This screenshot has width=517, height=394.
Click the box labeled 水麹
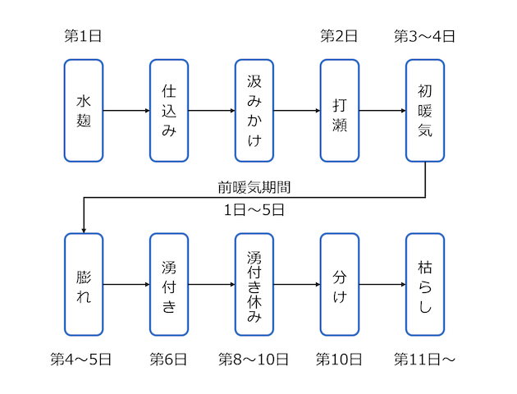[83, 110]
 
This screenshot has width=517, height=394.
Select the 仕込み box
[168, 110]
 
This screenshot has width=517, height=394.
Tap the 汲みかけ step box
[254, 110]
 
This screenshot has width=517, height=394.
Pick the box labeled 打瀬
[339, 110]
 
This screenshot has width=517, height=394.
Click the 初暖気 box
[424, 110]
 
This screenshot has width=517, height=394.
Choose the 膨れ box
[83, 284]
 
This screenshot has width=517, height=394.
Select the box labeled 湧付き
[168, 284]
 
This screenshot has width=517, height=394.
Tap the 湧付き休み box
[254, 284]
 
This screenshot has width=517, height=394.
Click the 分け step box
[339, 284]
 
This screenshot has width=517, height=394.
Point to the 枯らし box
[424, 284]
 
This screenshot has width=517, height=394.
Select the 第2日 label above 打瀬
[339, 36]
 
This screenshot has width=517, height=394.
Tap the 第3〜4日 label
[424, 36]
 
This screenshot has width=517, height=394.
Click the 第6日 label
[168, 360]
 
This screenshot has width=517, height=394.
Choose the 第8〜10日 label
[254, 360]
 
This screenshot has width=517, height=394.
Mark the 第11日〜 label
[424, 360]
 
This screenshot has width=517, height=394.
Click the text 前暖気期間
[254, 187]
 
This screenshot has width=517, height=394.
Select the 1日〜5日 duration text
[254, 210]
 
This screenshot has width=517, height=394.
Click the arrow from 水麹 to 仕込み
[126, 110]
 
